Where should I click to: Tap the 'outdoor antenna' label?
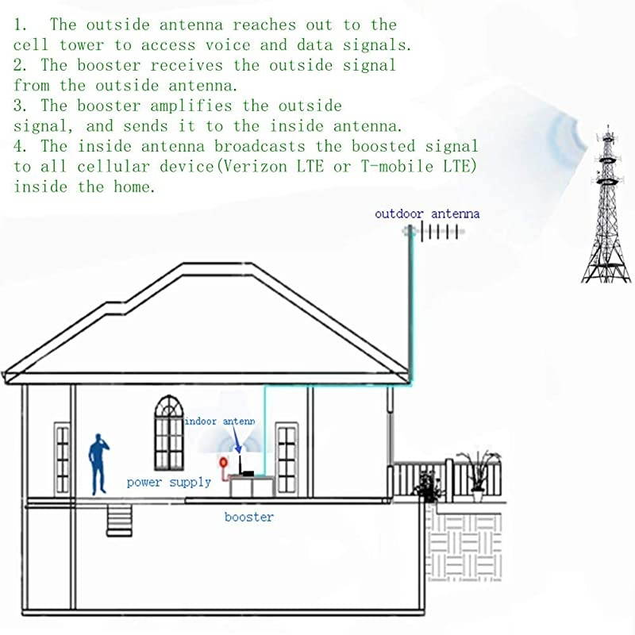pos(427,214)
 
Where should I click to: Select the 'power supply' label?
pos(169,482)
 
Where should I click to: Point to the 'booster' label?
pos(248,517)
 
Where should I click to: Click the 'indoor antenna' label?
pos(220,421)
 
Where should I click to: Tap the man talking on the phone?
pos(98,464)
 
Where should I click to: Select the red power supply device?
pos(223,462)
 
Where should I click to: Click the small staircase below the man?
pos(118,519)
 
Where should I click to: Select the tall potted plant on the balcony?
pos(479,473)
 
